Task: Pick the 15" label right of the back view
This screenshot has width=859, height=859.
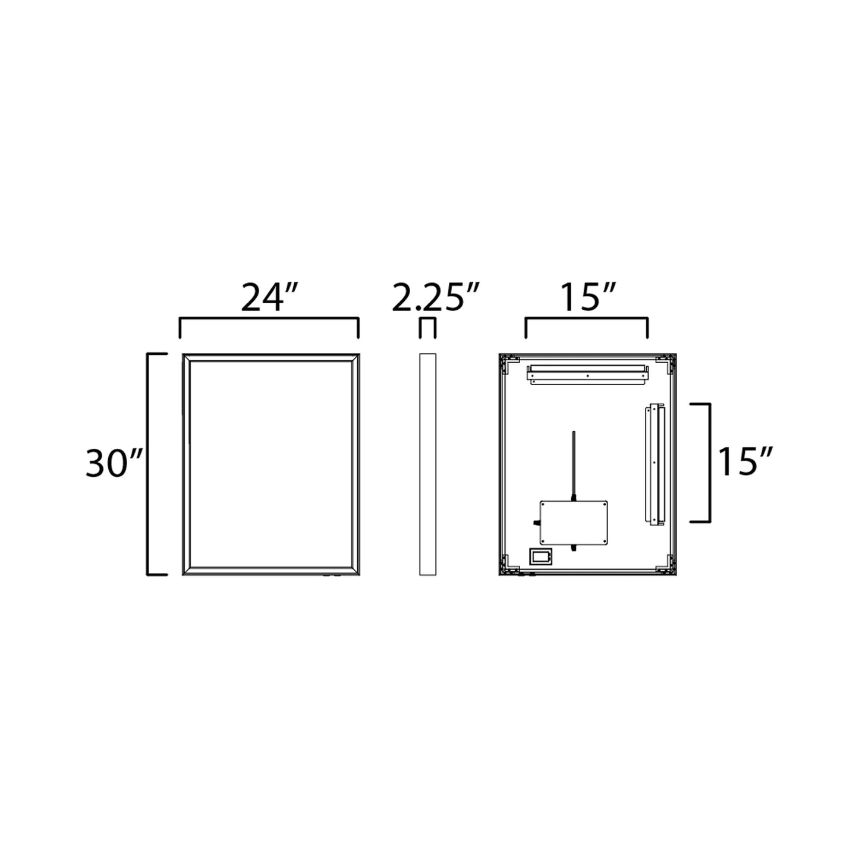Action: (745, 462)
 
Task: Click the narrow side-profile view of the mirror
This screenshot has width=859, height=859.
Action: (427, 464)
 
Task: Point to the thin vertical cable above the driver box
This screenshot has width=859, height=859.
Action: (573, 461)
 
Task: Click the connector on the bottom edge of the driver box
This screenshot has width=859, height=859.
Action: (574, 548)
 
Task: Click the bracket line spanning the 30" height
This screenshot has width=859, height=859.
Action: (149, 464)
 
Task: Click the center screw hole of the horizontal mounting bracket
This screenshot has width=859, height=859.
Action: (587, 376)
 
